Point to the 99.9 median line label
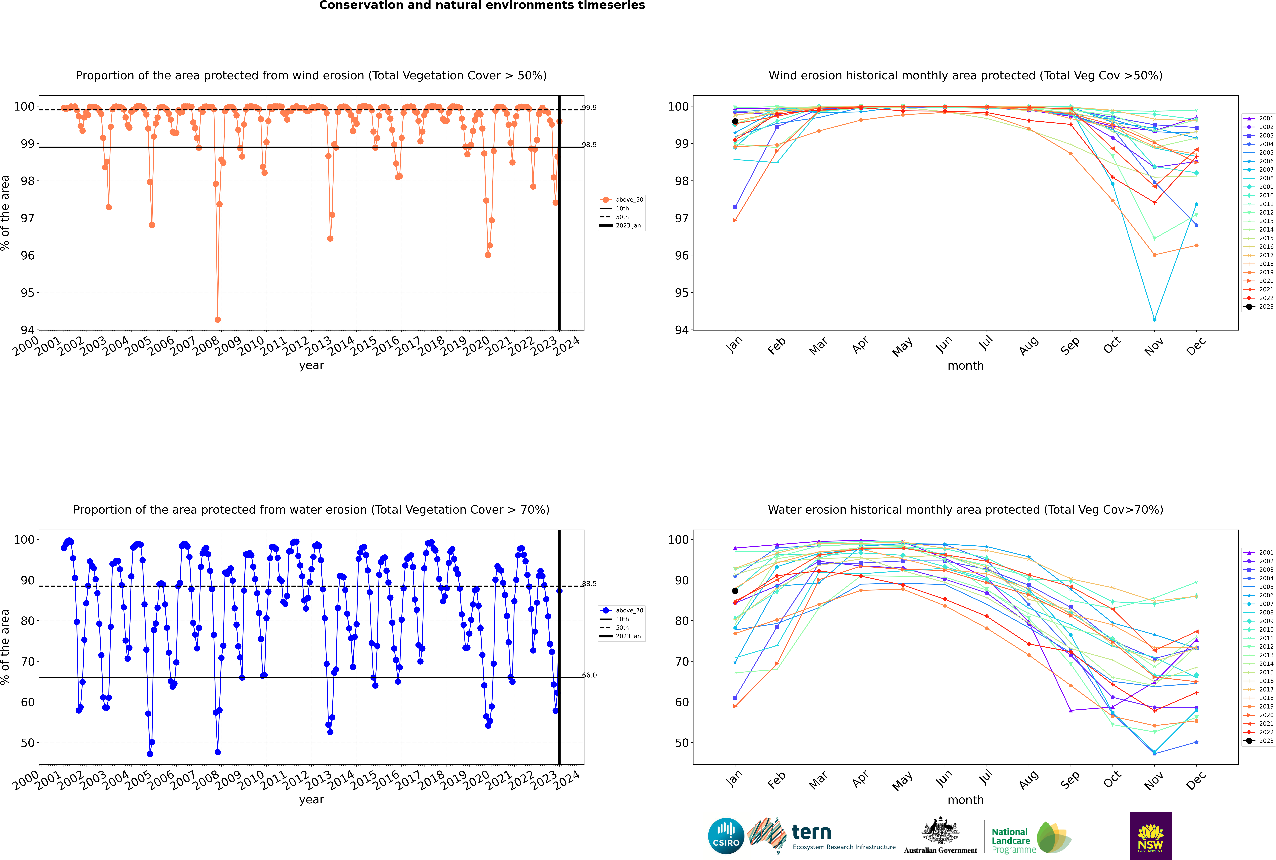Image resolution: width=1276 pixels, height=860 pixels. (x=589, y=108)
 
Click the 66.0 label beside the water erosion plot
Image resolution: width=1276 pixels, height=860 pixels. (x=589, y=675)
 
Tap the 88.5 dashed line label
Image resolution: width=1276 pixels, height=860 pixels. (x=589, y=584)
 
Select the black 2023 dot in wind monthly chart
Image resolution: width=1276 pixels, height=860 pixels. (x=735, y=121)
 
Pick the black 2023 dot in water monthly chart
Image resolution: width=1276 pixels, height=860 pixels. (x=735, y=591)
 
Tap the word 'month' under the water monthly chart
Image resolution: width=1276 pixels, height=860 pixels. (x=965, y=800)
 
